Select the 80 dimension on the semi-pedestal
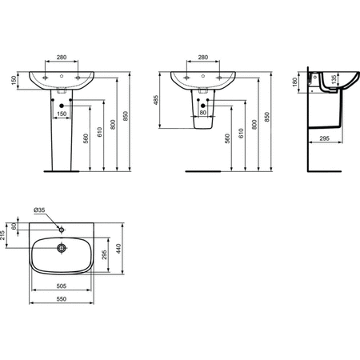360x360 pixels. (202, 113)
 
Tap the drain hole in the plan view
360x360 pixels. (61, 247)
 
